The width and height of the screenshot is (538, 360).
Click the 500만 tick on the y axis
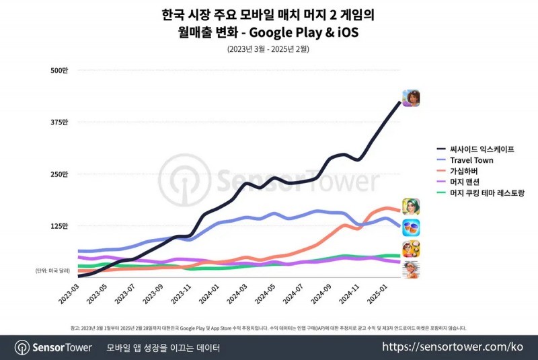coord(59,70)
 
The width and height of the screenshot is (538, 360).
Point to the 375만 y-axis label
coord(59,122)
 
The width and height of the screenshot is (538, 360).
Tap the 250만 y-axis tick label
coord(59,174)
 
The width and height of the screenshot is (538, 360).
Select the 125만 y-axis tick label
coord(59,226)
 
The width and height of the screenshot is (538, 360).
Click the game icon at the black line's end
coord(411,98)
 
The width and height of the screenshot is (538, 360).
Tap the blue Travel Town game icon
coord(411,227)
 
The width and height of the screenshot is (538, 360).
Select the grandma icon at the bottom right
coord(411,269)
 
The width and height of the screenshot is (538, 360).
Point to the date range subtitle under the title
coord(268,49)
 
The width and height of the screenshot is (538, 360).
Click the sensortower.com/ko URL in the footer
coord(453,347)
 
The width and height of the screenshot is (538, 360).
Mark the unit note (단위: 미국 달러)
coord(52,271)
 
